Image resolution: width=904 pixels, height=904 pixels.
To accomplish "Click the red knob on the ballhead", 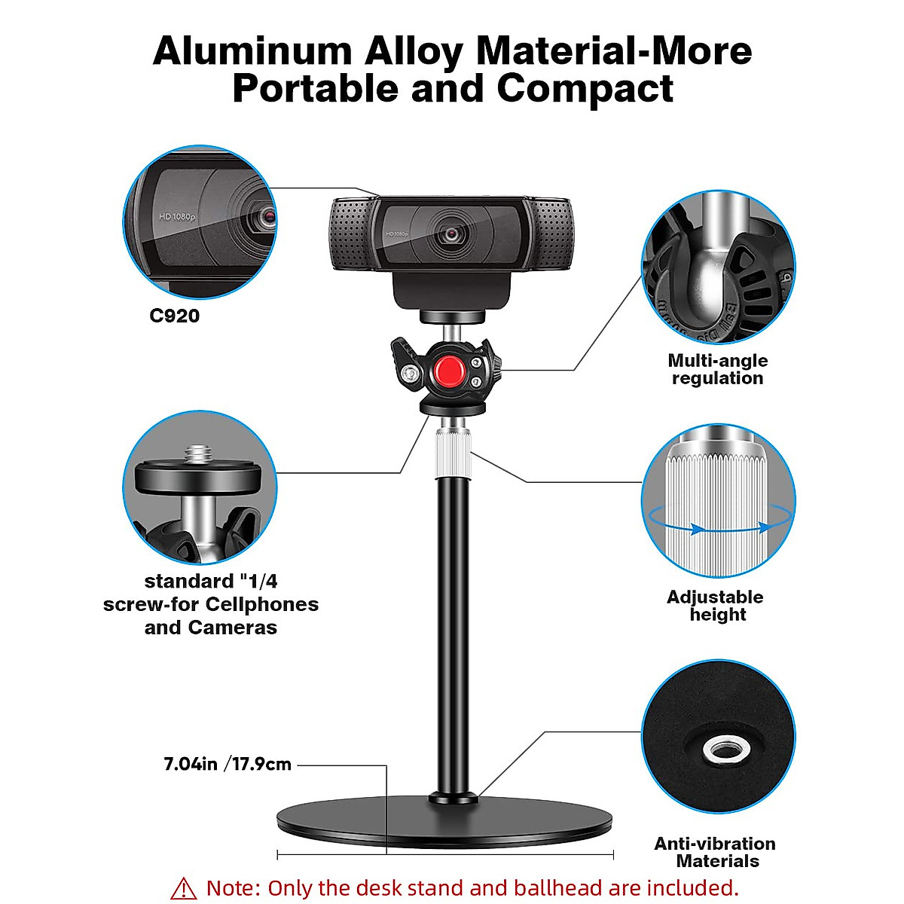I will click(450, 369).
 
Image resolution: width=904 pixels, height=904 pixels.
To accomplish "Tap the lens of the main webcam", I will click(451, 234).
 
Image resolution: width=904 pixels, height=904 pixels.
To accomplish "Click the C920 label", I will click(175, 316).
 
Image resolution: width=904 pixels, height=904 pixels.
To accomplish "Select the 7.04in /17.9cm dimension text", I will click(228, 764).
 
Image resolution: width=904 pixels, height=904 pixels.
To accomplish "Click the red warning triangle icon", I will click(183, 888).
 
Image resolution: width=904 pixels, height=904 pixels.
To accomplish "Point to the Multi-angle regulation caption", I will click(717, 369).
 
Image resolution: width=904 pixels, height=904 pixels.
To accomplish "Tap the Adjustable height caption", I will click(716, 606).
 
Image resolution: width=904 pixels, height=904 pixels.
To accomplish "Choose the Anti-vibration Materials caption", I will click(715, 852).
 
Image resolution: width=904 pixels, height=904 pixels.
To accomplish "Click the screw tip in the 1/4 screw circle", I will click(198, 454).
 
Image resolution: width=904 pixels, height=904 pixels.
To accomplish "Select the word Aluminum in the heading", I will click(252, 51).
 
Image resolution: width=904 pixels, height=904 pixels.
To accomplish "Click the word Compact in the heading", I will click(585, 88).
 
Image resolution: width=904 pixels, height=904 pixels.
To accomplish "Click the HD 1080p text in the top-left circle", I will click(177, 216).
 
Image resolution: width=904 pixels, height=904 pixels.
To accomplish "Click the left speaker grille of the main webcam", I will click(352, 234).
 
